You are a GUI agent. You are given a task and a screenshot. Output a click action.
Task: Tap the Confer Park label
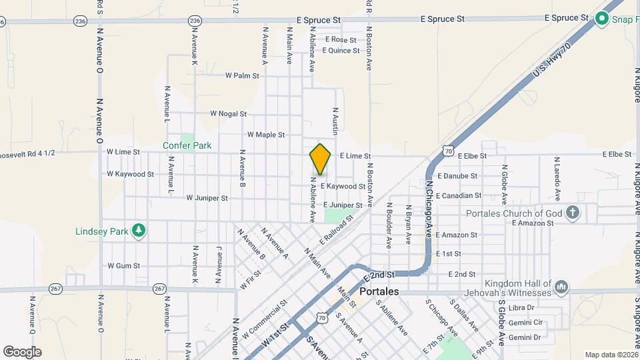[x=187, y=145]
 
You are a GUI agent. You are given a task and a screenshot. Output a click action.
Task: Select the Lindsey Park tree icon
[x=139, y=231]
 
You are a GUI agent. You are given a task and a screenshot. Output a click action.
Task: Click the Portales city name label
[x=379, y=292]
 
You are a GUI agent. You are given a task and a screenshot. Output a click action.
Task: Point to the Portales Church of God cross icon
[x=572, y=213]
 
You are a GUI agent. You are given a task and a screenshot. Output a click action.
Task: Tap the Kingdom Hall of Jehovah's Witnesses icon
[x=561, y=287]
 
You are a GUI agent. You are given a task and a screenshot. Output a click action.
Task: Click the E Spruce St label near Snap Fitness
[x=567, y=17]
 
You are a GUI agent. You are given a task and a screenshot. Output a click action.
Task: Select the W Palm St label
[x=242, y=76]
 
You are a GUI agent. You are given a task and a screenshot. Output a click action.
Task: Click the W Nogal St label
[x=228, y=114]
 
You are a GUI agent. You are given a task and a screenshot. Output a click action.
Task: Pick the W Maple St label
[x=265, y=135]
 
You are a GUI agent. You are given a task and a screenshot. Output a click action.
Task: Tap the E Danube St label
[x=456, y=176]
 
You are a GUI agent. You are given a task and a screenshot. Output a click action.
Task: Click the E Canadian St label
[x=458, y=196]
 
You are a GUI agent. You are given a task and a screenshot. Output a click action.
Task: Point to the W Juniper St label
[x=207, y=198]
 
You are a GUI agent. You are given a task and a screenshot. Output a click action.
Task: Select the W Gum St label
[x=123, y=265]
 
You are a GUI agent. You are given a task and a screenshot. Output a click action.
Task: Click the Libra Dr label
[x=521, y=308]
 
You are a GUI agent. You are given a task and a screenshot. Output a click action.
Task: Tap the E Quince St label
[x=341, y=50]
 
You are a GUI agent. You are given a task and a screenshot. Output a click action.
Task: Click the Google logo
[x=22, y=351]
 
